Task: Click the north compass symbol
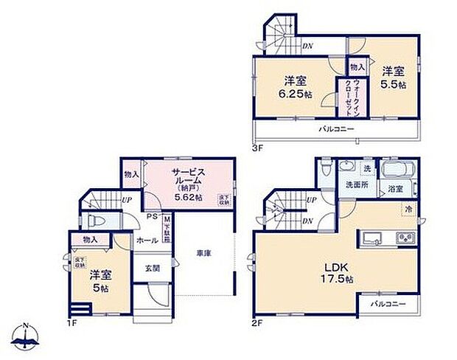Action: point(27,337)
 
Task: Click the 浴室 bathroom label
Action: point(395,189)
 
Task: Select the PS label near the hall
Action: point(150,217)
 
